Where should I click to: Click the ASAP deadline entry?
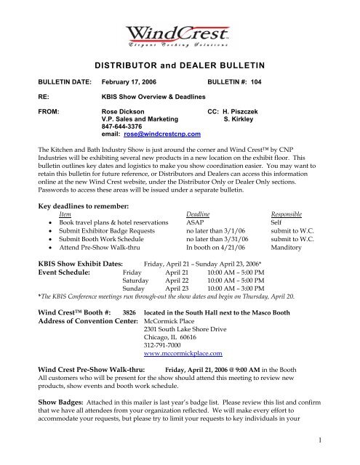click(196, 223)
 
